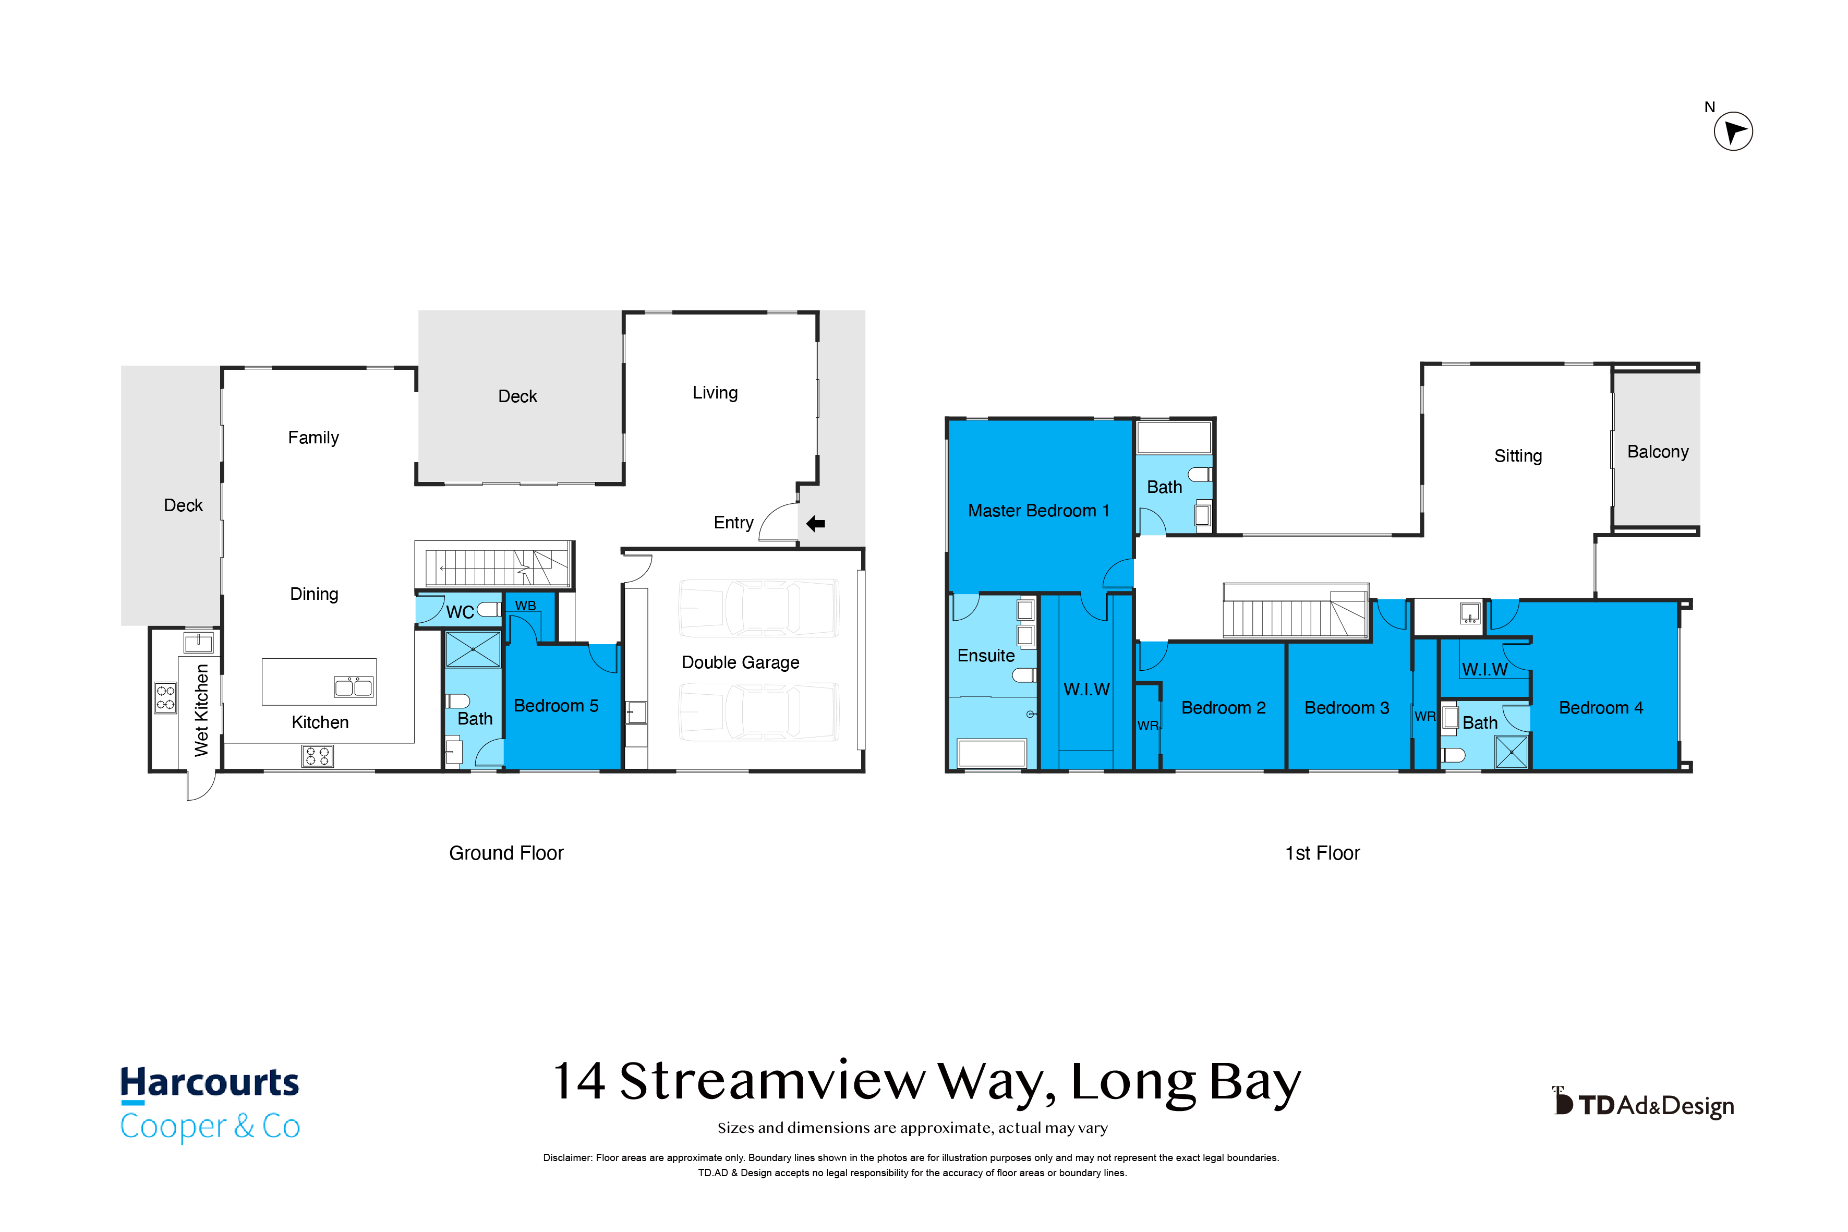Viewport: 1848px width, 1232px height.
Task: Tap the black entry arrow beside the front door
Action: pos(816,523)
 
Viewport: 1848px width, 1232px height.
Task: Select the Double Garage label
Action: pos(740,662)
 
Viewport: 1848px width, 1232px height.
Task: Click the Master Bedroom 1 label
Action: pos(1038,511)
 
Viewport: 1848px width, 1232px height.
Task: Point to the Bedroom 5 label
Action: pos(555,706)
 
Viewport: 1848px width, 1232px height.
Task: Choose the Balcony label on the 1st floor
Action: pos(1658,452)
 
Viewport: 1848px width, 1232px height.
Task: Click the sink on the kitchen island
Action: pos(354,687)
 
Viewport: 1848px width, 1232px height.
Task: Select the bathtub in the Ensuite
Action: pos(992,753)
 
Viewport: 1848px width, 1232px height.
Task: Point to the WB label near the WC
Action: pos(526,606)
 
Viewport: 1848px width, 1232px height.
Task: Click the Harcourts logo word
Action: pos(210,1083)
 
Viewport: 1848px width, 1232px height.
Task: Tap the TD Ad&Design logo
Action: pos(1643,1104)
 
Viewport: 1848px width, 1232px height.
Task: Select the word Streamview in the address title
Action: pos(772,1081)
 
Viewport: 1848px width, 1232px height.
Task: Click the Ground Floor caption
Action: pos(506,853)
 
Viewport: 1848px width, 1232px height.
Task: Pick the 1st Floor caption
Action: pos(1322,853)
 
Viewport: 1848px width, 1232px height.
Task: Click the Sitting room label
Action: pos(1518,456)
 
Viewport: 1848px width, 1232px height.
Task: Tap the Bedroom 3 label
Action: pos(1347,708)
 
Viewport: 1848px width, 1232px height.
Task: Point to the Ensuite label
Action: pos(986,655)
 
